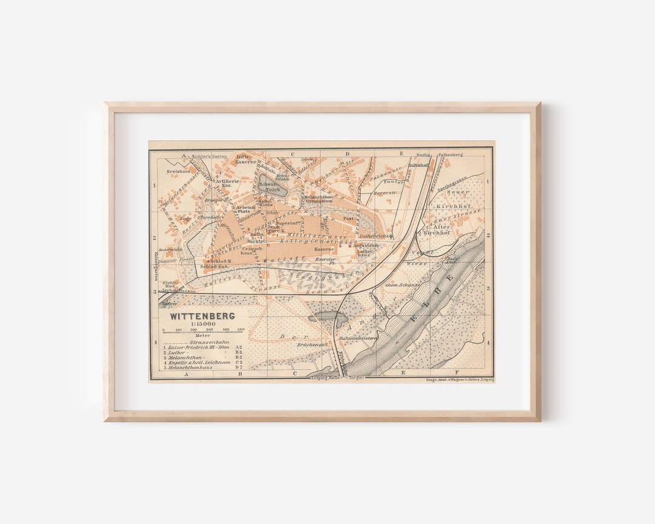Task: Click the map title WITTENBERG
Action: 202,316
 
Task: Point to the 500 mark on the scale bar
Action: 240,330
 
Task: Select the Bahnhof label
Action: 418,164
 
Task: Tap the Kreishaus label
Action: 178,172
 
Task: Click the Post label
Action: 348,218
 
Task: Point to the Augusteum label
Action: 366,245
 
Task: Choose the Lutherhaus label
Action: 364,253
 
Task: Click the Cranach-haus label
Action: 252,250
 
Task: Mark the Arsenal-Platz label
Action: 246,209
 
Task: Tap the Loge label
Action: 186,218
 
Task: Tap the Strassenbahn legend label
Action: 201,341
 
